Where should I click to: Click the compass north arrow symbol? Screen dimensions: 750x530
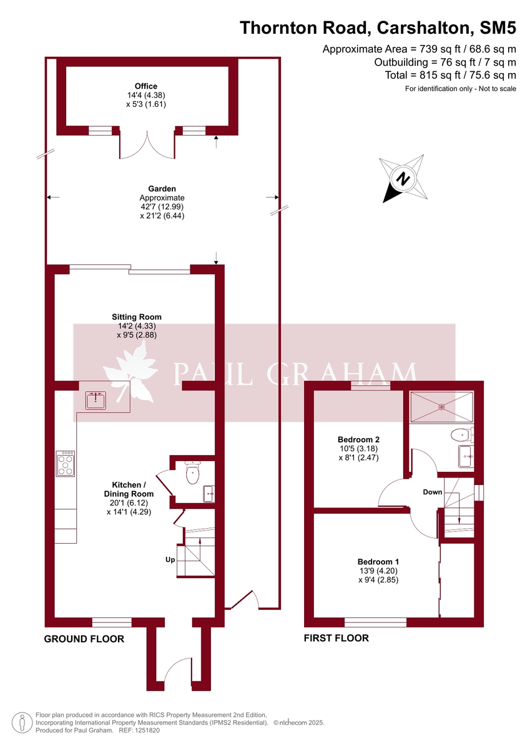click(x=404, y=179)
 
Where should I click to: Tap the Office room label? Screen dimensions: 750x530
click(x=146, y=86)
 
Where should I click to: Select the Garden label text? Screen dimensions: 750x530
click(x=162, y=188)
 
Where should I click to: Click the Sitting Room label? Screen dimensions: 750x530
click(x=136, y=317)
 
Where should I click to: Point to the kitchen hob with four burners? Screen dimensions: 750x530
click(x=66, y=463)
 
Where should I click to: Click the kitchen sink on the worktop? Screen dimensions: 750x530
click(x=96, y=399)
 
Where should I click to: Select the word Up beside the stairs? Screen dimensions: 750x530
click(x=170, y=560)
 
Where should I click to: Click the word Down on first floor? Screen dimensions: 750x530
click(x=433, y=492)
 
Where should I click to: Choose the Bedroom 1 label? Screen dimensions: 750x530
click(x=378, y=561)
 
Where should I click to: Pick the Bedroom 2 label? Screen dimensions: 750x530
click(x=358, y=439)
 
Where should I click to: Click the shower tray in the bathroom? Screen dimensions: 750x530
click(x=442, y=406)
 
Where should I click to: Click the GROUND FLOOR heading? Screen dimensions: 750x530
click(x=84, y=639)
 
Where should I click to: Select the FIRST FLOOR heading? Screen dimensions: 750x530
click(x=336, y=638)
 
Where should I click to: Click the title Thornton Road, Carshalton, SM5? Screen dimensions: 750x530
click(x=378, y=27)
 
